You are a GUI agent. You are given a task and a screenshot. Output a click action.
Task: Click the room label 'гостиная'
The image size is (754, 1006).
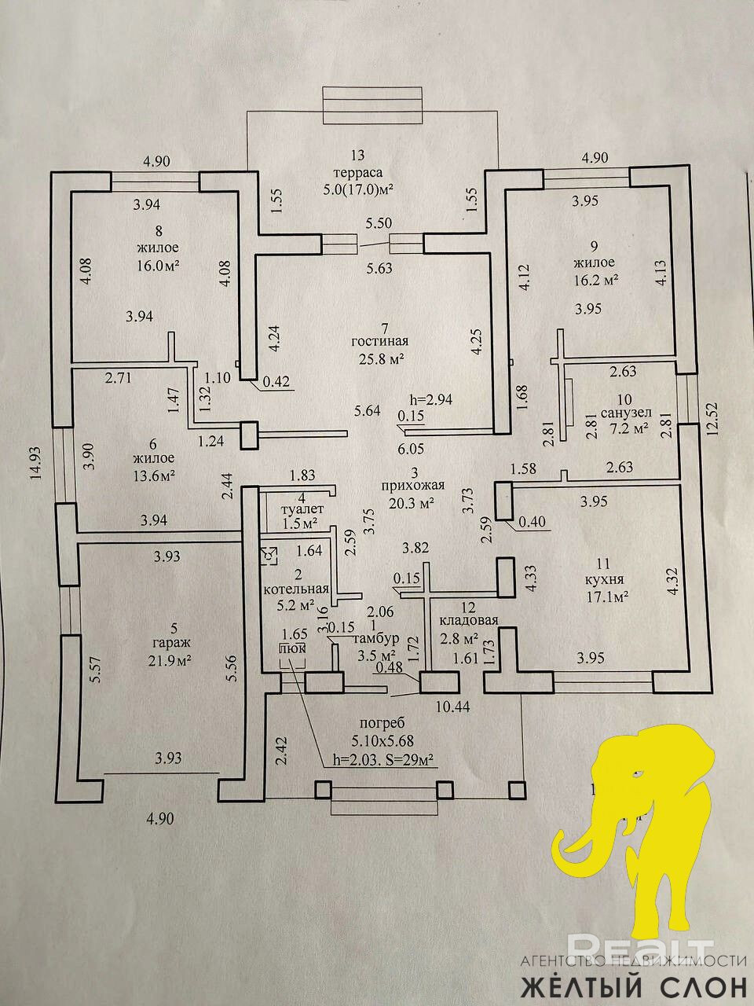(380, 341)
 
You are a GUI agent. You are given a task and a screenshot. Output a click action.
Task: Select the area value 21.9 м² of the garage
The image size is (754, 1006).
(174, 660)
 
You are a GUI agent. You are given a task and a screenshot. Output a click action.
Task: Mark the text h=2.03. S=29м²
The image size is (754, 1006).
(384, 759)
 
